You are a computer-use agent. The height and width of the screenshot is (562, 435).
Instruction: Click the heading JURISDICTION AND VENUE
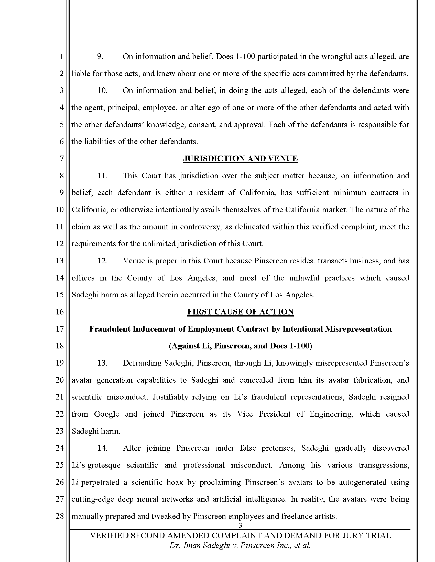pos(240,159)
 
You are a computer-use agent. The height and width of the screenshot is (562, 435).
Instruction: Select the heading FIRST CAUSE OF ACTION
pos(240,312)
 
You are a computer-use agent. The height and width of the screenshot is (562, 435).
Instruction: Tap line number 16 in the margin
pos(60,312)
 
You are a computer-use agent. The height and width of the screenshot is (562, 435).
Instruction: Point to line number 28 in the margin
pos(60,516)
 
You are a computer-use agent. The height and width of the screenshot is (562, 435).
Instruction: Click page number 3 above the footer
pos(240,525)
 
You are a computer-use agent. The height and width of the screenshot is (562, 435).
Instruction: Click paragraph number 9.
pos(100,56)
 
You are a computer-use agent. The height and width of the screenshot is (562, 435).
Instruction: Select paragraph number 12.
pos(102,261)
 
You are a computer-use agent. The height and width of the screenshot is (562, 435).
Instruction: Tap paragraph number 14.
pos(102,448)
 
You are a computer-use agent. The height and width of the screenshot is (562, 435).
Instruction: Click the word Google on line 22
pos(106,414)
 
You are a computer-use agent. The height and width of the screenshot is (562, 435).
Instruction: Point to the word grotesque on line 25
pos(104,465)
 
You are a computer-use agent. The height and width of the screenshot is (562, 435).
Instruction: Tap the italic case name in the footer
pos(240,545)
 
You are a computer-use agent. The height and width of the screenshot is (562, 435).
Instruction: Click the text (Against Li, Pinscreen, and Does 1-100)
pos(240,346)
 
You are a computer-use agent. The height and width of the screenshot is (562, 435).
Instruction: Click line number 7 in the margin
pos(61,159)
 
